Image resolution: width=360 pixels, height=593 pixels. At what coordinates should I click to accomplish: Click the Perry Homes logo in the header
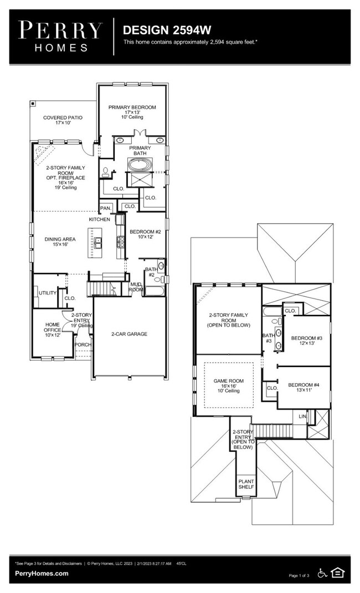(60, 36)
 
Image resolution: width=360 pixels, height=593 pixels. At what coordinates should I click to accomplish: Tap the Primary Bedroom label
(132, 107)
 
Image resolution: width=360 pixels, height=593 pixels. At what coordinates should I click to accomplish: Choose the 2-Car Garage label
(128, 334)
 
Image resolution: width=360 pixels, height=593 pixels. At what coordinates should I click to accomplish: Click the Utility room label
(48, 292)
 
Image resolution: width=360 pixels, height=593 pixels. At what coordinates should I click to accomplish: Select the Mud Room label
(136, 286)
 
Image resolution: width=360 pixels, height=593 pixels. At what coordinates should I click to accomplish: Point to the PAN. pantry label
(105, 208)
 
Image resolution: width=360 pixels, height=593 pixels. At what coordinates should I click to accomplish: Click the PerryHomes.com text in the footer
(42, 573)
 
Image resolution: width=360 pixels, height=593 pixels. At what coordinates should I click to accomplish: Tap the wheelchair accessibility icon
(322, 573)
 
